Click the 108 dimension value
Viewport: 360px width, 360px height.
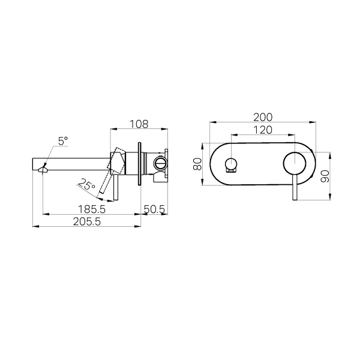139,124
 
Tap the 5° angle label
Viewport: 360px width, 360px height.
63,141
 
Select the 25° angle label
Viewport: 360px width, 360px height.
86,184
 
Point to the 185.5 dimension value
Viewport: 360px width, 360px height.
92,209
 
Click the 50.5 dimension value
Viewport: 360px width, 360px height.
154,209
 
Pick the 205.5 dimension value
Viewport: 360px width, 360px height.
87,221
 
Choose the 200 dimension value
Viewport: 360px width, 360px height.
263,118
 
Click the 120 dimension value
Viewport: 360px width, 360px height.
263,130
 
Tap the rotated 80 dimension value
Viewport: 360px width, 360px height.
197,164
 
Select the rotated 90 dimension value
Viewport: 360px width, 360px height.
325,176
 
